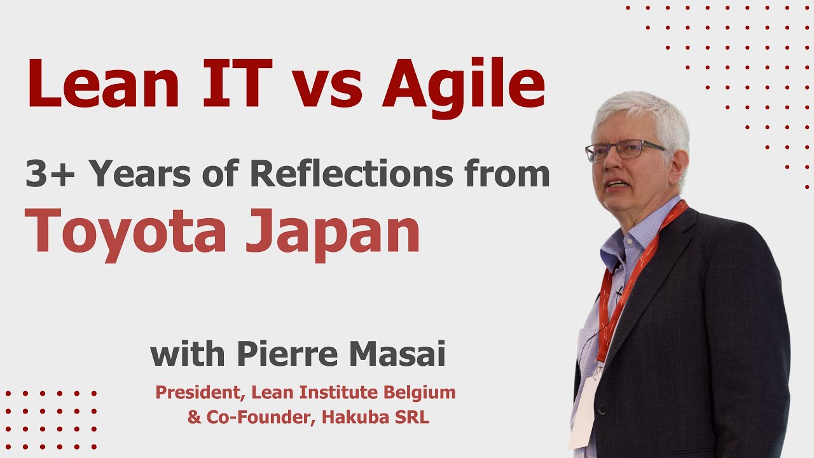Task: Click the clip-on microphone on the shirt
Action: click(617, 292)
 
